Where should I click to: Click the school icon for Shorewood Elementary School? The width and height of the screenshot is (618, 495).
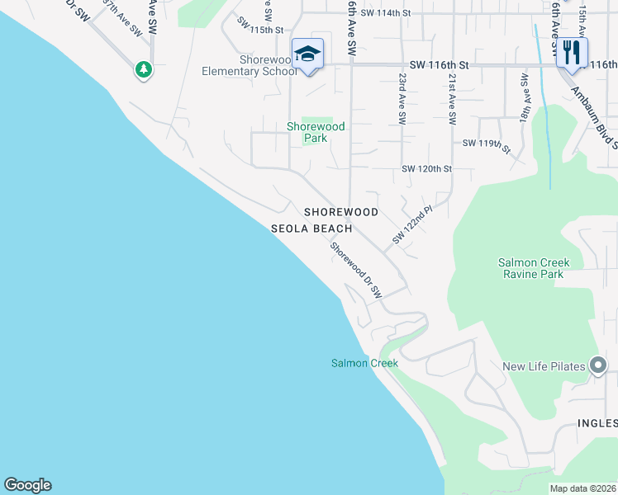click(307, 54)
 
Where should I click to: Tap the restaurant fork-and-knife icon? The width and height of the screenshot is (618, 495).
click(571, 54)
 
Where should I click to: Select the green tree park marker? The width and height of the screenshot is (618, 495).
click(145, 69)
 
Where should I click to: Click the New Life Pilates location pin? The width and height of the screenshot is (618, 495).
click(599, 366)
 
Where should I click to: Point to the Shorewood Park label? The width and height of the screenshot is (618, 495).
click(316, 132)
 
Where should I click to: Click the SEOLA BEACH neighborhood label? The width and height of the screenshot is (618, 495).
click(312, 229)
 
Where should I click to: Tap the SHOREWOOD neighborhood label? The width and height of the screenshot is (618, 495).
click(341, 212)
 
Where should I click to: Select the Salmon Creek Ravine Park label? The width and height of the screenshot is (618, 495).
click(534, 268)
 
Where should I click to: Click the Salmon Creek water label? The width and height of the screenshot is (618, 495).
click(364, 363)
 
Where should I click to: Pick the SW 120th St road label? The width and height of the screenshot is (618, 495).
click(427, 169)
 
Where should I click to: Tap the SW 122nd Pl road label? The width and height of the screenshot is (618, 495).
click(412, 225)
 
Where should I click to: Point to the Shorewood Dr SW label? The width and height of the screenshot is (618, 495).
click(356, 270)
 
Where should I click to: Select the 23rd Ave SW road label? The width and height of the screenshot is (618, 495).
click(402, 98)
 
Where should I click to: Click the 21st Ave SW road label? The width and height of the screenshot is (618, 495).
click(452, 98)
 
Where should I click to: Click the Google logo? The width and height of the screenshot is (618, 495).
click(27, 485)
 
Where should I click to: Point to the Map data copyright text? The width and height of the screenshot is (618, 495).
click(582, 488)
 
